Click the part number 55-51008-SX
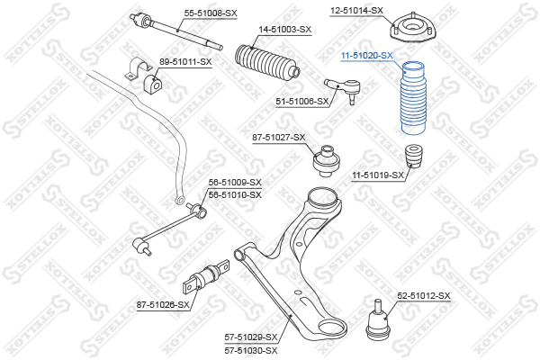pyautogui.click(x=211, y=13)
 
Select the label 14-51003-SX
pyautogui.click(x=284, y=30)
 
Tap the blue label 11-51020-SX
pyautogui.click(x=367, y=56)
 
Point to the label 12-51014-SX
pyautogui.click(x=356, y=11)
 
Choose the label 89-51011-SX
pyautogui.click(x=185, y=62)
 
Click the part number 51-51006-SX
pyautogui.click(x=302, y=102)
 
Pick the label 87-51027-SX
pyautogui.click(x=279, y=138)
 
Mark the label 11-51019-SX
pyautogui.click(x=378, y=175)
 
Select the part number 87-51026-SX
pyautogui.click(x=163, y=305)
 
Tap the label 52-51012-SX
pyautogui.click(x=424, y=296)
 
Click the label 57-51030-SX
pyautogui.click(x=251, y=351)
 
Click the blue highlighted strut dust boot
pyautogui.click(x=414, y=98)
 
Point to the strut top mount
pyautogui.click(x=412, y=28)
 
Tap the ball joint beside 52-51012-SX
pyautogui.click(x=378, y=319)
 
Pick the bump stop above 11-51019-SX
pyautogui.click(x=414, y=157)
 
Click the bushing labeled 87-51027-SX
pyautogui.click(x=326, y=161)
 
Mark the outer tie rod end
pyautogui.click(x=342, y=89)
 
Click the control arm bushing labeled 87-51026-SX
pyautogui.click(x=206, y=276)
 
